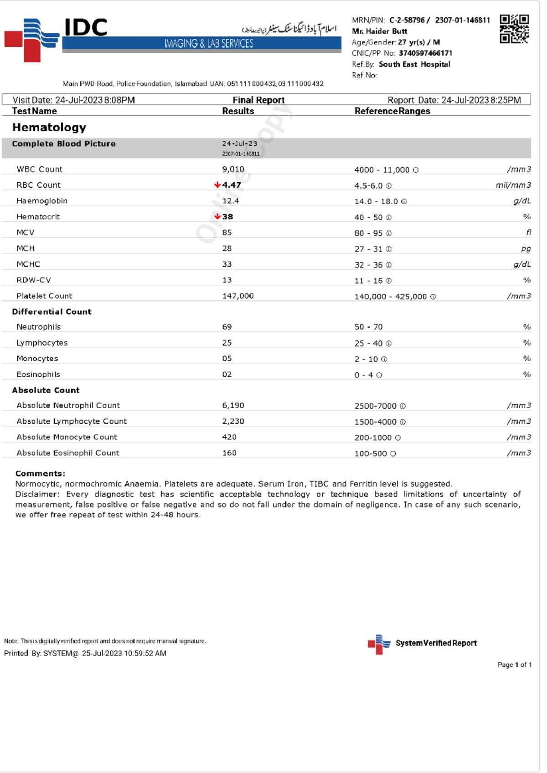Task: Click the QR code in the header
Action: (514, 29)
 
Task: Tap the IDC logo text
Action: (86, 27)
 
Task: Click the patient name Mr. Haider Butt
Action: (379, 31)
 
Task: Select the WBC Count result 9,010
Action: (233, 169)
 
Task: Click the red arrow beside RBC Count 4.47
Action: (217, 185)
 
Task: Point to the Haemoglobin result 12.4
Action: (231, 201)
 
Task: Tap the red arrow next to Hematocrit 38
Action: (217, 216)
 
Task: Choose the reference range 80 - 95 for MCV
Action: (368, 233)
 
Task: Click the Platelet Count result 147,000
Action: (237, 296)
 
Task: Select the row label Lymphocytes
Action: (42, 343)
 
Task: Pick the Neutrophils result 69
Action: (227, 327)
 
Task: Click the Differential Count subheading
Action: (52, 312)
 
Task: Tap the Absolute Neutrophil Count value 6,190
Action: (233, 405)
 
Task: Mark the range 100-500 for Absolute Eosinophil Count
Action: (371, 453)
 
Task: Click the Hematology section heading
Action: (49, 127)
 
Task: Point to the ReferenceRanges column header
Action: (392, 111)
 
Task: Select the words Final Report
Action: (258, 100)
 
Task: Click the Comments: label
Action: (40, 473)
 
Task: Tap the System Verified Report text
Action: (436, 643)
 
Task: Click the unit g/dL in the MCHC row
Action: (522, 264)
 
